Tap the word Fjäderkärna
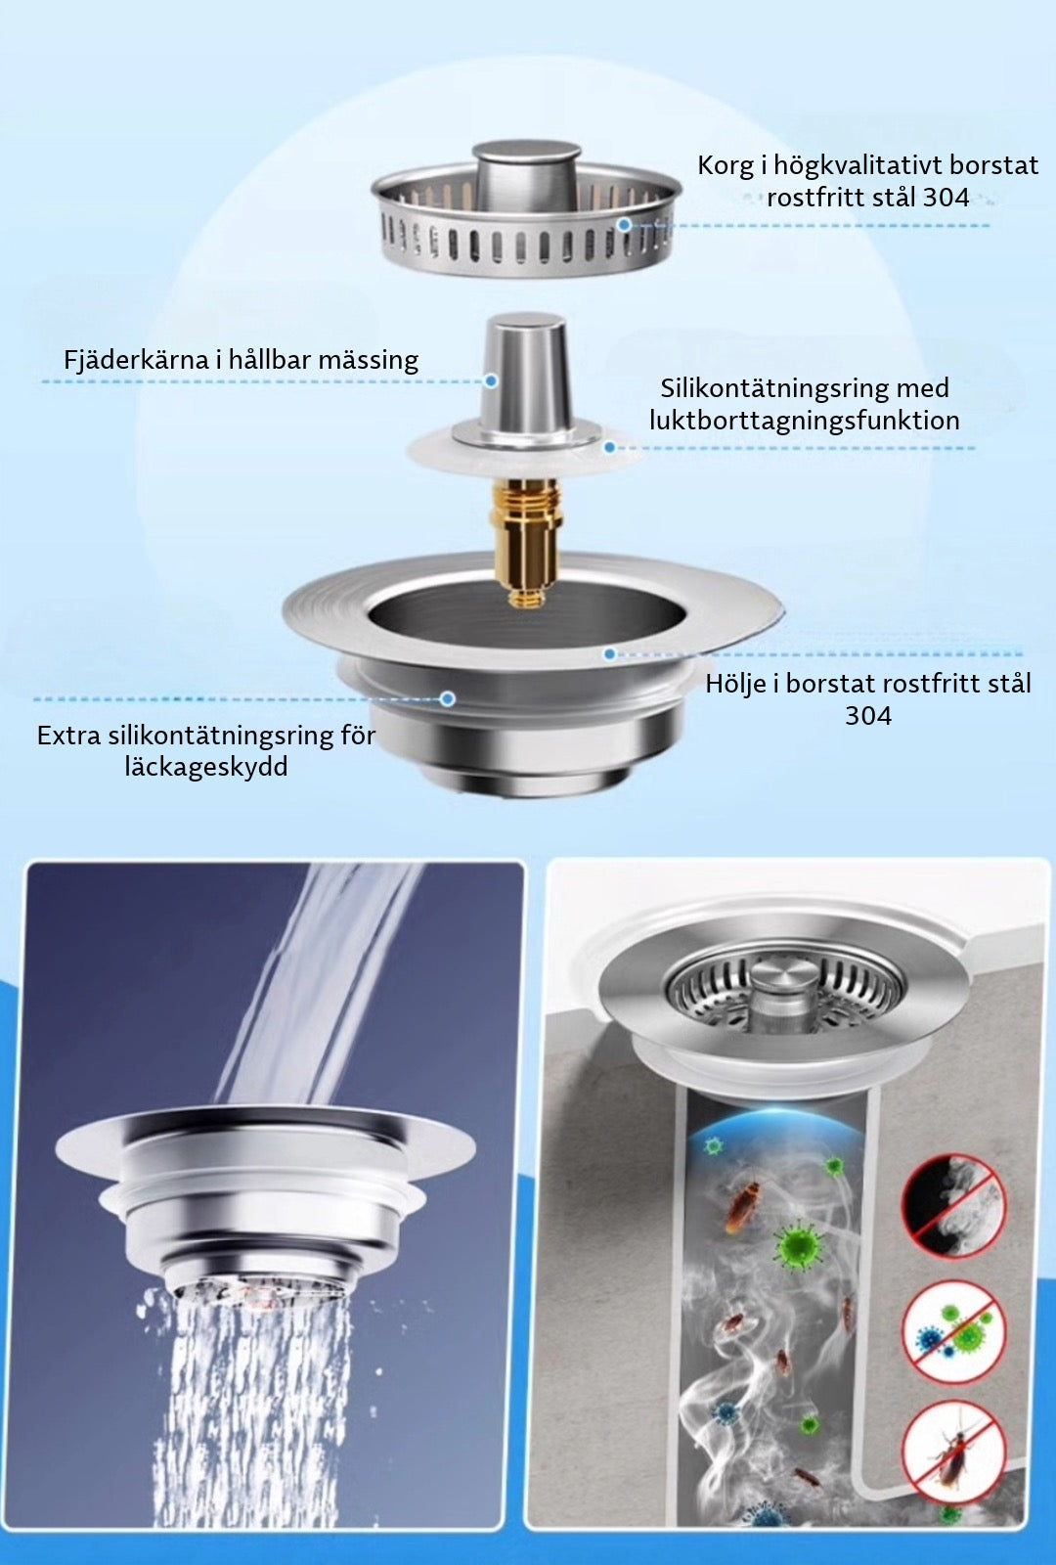click(136, 360)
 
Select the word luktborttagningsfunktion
click(805, 420)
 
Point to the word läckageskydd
click(206, 767)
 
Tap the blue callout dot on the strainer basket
click(625, 224)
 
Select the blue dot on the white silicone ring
click(610, 447)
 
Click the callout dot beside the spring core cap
click(491, 381)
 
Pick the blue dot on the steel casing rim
click(610, 654)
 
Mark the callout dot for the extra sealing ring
click(448, 698)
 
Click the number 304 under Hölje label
click(868, 715)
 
